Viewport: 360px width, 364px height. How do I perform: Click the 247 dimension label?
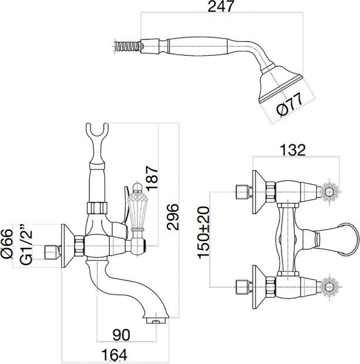coord(220,6)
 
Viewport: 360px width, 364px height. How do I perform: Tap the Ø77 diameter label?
coord(290,105)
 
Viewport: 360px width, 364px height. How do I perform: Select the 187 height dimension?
coord(152,178)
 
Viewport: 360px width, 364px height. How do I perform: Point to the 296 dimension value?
coord(173,217)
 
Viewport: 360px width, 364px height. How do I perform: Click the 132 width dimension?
coord(292,150)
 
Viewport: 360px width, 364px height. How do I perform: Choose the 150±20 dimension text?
coord(203,232)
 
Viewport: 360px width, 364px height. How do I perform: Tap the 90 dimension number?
coord(121,335)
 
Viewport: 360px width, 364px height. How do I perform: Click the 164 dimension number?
coord(115,355)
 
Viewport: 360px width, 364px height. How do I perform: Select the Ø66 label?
coord(6,244)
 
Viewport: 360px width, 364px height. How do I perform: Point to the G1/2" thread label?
coord(26,244)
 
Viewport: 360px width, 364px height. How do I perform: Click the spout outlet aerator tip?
coord(156,321)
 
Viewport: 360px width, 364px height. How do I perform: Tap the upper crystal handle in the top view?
coord(329,192)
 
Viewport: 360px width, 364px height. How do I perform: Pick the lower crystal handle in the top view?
coord(329,287)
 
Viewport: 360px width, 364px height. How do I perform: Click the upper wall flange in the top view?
coord(259,192)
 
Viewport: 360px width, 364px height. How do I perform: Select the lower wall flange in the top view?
coord(259,287)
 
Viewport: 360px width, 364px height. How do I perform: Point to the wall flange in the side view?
coord(68,246)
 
